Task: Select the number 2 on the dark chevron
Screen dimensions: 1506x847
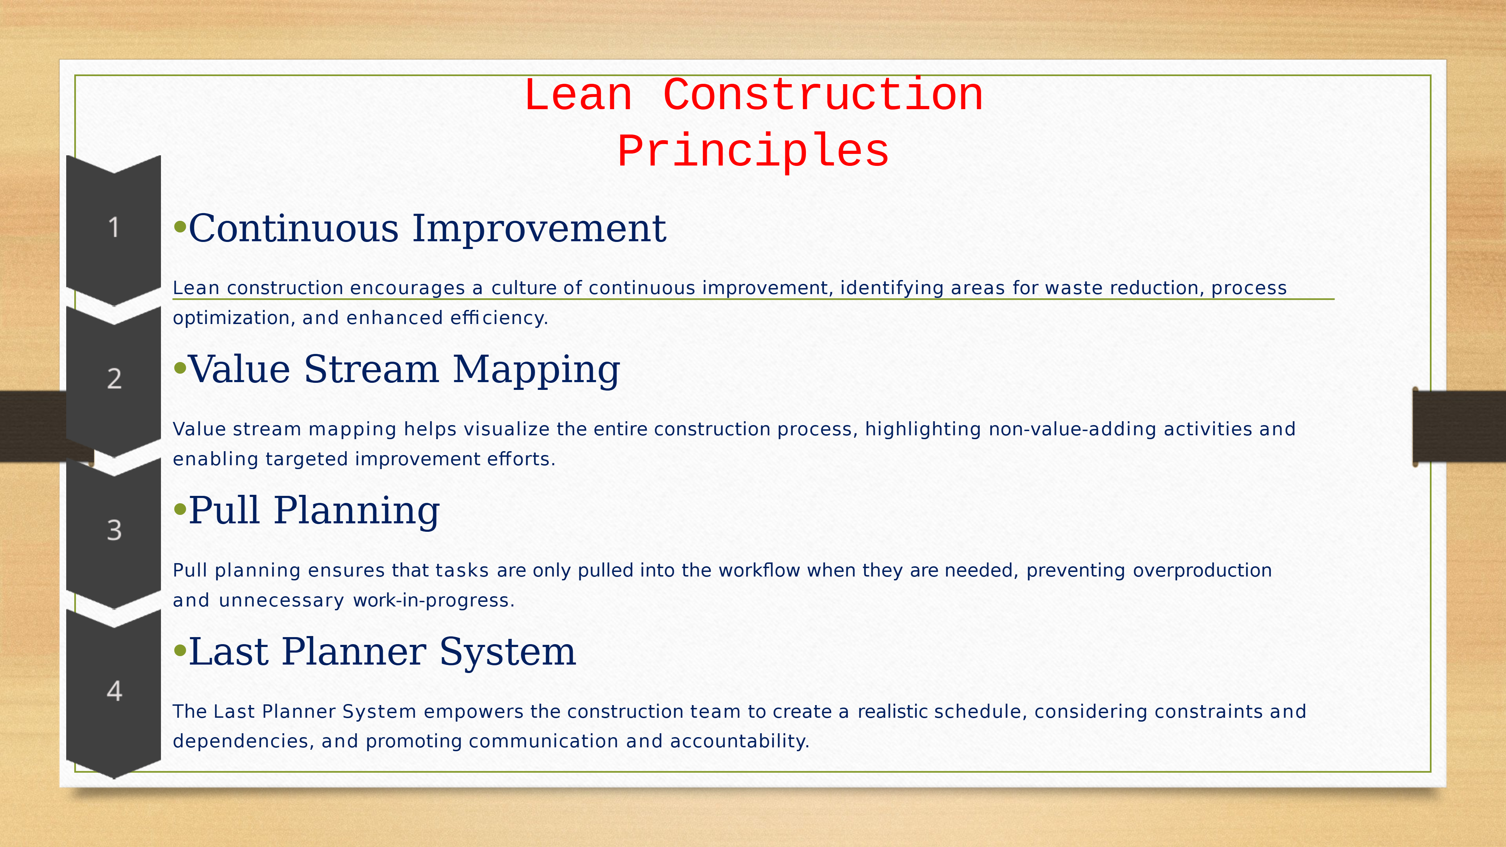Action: [x=114, y=378]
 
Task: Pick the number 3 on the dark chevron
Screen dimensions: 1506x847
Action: [x=114, y=530]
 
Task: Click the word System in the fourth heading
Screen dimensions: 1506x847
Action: [x=508, y=651]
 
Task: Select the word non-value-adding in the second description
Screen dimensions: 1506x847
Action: [x=1072, y=429]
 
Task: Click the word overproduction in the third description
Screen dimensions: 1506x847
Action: [x=1202, y=571]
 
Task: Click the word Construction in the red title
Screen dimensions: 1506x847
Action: [x=823, y=95]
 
